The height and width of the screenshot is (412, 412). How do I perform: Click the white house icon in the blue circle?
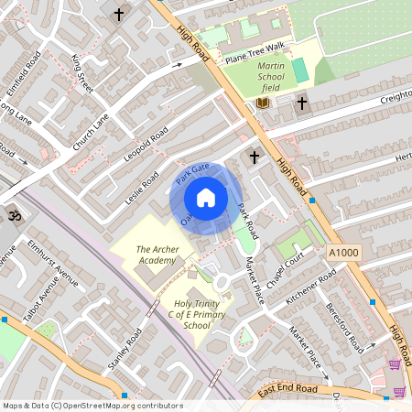(206, 198)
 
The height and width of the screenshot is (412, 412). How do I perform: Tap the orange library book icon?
(263, 103)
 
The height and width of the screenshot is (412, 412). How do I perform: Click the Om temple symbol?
(13, 216)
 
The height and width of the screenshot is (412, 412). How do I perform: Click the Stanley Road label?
(120, 347)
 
